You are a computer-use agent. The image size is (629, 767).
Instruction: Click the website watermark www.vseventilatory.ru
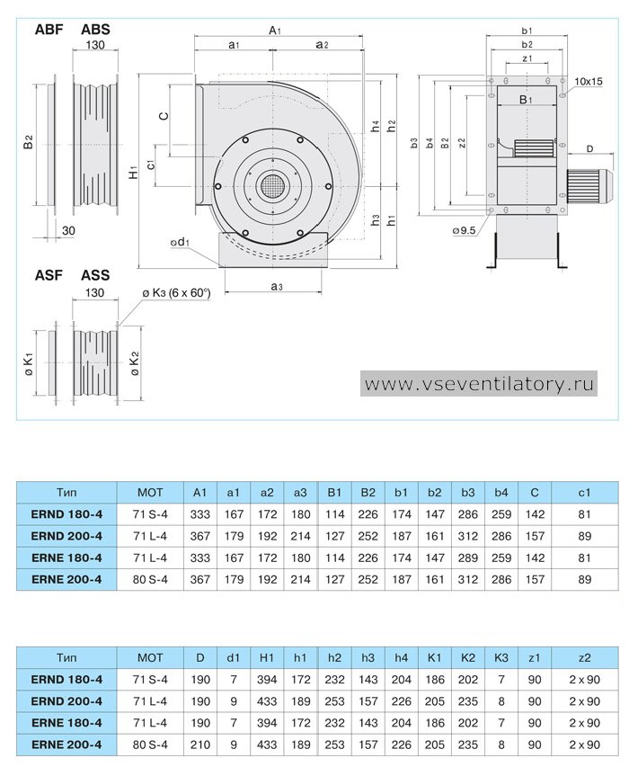click(x=479, y=383)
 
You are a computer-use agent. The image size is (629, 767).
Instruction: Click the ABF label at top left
click(x=49, y=30)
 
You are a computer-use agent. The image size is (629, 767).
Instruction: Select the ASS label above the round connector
click(x=95, y=275)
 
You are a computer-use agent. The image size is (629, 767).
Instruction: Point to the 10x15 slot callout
click(x=588, y=81)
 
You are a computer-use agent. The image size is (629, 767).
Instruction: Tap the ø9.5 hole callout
click(x=464, y=230)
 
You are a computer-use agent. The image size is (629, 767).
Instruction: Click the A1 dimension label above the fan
click(x=275, y=31)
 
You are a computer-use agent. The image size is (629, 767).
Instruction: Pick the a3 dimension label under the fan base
click(x=277, y=286)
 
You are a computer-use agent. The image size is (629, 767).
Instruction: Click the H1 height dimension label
click(x=133, y=171)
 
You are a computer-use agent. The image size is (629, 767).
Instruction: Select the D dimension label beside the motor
click(x=589, y=148)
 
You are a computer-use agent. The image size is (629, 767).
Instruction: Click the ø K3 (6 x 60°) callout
click(x=176, y=293)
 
